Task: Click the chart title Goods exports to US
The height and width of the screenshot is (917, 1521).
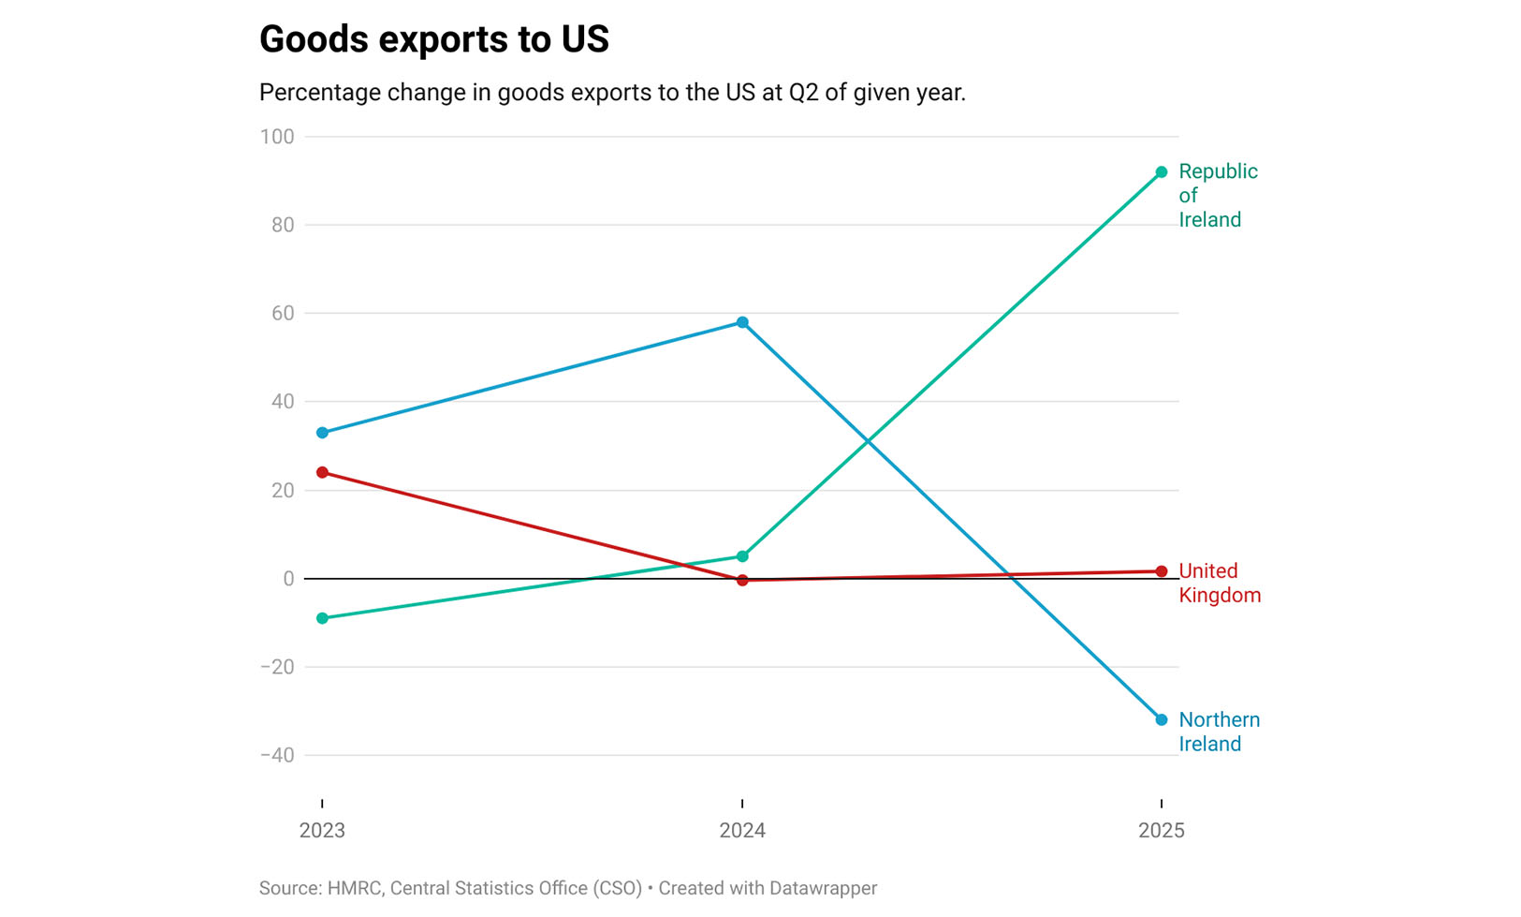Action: [433, 39]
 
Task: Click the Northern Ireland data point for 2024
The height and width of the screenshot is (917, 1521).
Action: [742, 322]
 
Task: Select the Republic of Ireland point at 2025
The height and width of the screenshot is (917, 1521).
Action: [1162, 172]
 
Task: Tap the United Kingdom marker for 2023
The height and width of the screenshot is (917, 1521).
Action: [323, 472]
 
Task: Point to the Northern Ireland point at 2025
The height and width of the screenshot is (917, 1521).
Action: [1162, 719]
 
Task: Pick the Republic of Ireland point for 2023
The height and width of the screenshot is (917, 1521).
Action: [323, 618]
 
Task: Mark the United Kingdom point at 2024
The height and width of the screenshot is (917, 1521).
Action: [742, 580]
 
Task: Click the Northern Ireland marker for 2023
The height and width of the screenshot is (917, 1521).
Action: [323, 433]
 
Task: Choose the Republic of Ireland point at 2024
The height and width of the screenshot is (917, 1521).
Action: [742, 556]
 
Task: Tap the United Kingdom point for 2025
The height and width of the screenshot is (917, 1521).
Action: [1162, 571]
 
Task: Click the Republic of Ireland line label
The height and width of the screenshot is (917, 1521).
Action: [1217, 195]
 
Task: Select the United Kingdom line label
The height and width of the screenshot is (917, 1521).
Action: [1219, 583]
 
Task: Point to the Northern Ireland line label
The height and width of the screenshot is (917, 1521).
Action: [1219, 732]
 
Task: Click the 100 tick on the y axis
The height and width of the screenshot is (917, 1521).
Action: [277, 137]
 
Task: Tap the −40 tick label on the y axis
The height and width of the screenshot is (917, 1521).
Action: [277, 755]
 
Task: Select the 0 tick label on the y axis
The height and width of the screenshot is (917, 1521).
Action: [288, 579]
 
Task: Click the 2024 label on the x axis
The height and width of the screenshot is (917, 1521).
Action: [742, 830]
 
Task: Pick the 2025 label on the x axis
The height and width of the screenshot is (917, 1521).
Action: [1162, 830]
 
